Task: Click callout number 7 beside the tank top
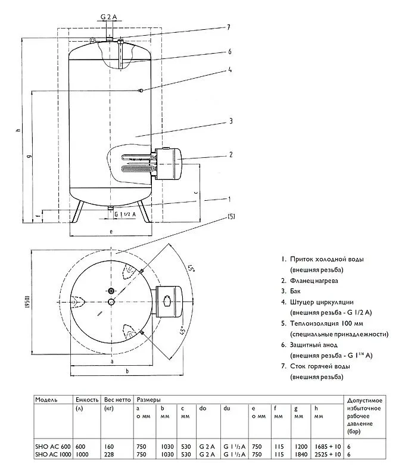click(228, 27)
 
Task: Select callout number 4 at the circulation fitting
click(229, 69)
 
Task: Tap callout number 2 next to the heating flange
click(230, 155)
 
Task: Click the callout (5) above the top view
click(230, 217)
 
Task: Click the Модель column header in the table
click(46, 399)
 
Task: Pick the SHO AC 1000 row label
click(52, 455)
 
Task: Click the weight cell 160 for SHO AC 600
click(109, 446)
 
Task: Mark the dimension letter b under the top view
click(127, 372)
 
